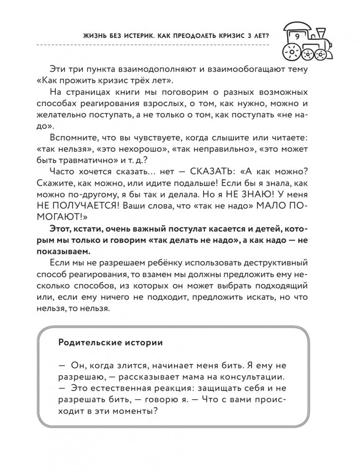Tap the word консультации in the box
pos(252,377)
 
